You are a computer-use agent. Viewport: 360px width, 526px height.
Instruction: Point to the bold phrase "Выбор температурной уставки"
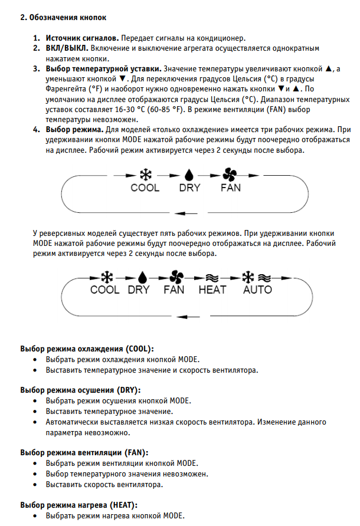pos(103,69)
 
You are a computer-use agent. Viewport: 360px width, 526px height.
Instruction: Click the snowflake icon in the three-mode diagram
pos(145,175)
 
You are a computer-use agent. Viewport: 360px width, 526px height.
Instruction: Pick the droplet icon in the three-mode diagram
pos(189,175)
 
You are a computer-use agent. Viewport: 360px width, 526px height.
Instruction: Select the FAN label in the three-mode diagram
pos(231,188)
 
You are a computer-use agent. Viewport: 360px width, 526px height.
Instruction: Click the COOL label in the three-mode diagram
pos(145,188)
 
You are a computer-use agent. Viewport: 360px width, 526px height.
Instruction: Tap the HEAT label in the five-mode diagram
pos(212,290)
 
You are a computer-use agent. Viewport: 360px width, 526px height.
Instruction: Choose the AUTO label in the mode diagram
pos(257,290)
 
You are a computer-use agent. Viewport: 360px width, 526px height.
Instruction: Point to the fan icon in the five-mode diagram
pos(175,276)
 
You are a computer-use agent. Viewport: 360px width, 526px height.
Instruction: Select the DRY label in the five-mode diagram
pos(139,290)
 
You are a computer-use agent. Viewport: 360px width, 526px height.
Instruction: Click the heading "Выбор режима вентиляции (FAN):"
pos(84,452)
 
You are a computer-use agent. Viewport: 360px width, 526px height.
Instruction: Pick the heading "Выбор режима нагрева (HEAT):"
pos(78,505)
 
